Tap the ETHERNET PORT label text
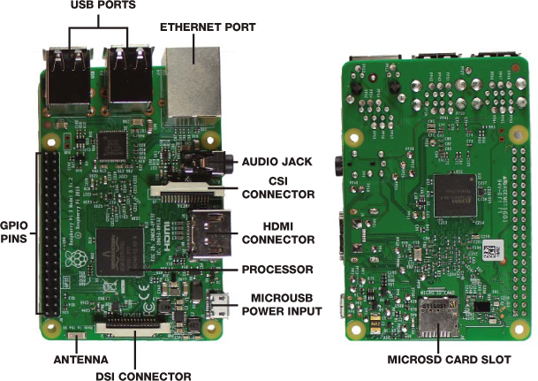[208, 27]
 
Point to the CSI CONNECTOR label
[279, 187]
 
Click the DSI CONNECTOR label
[147, 376]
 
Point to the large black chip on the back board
[459, 191]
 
